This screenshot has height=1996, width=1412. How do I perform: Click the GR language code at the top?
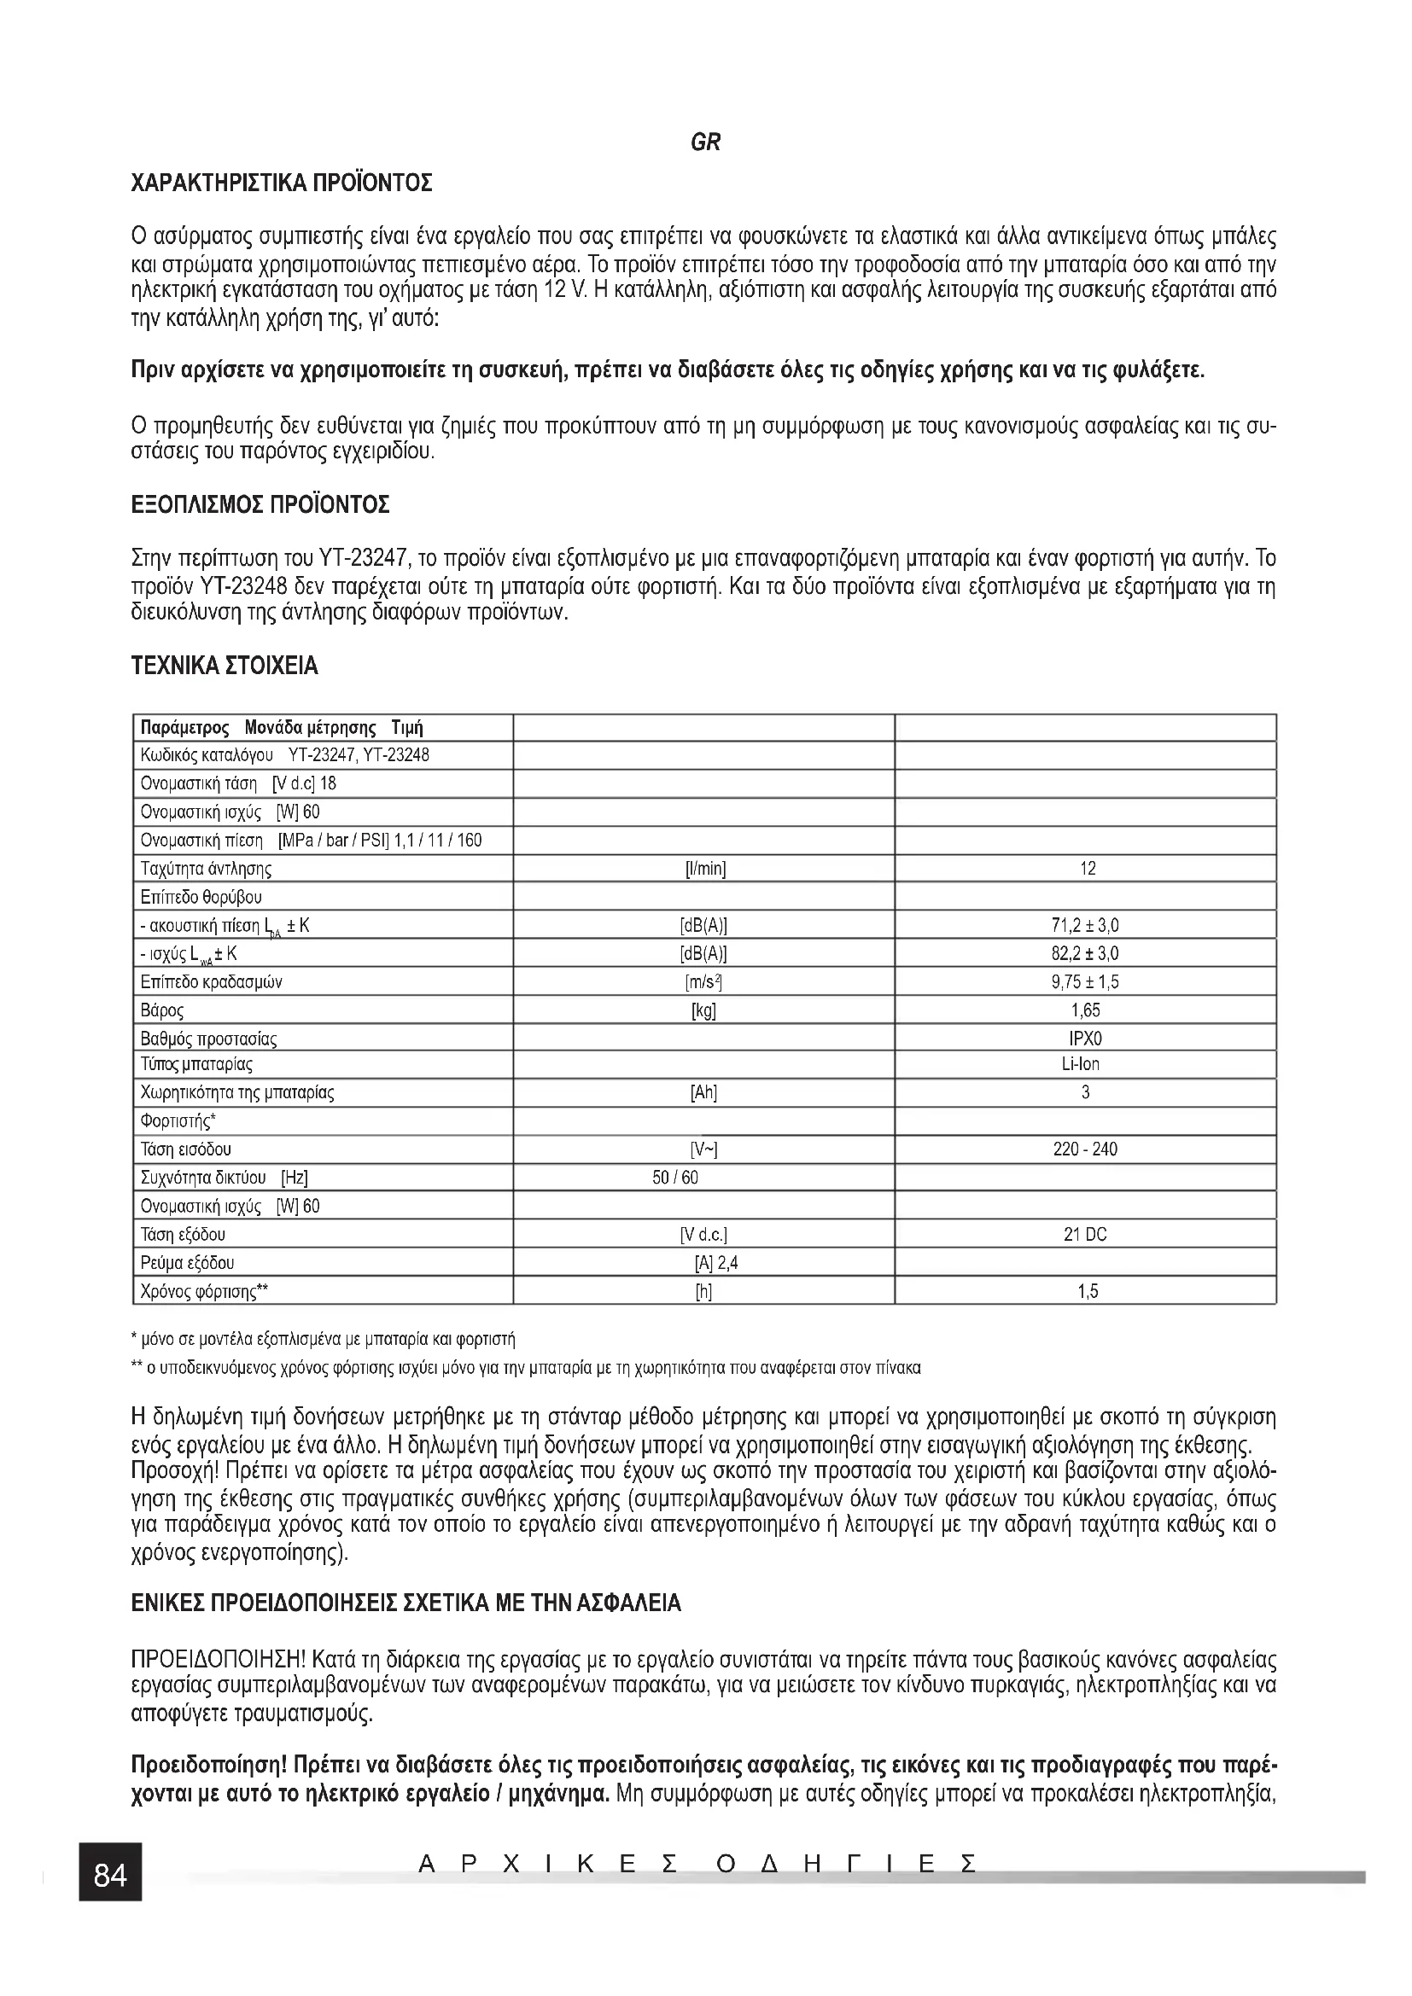pyautogui.click(x=705, y=143)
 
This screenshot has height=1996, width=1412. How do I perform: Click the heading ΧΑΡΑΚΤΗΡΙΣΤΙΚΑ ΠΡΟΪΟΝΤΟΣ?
pyautogui.click(x=281, y=183)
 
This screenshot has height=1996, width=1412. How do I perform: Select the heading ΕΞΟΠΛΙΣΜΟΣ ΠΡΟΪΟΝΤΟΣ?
pyautogui.click(x=260, y=504)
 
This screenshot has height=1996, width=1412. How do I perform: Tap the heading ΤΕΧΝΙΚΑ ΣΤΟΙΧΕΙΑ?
pyautogui.click(x=225, y=666)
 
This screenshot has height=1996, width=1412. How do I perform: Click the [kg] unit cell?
pyautogui.click(x=703, y=1010)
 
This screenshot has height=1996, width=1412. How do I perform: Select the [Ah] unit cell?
pyautogui.click(x=703, y=1093)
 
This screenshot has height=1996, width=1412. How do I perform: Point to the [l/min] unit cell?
pyautogui.click(x=705, y=869)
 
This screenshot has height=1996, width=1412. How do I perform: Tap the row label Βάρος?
pyautogui.click(x=162, y=1010)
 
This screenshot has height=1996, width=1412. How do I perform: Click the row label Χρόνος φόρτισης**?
pyautogui.click(x=204, y=1291)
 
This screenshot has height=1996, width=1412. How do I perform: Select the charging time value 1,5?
pyautogui.click(x=1088, y=1291)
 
